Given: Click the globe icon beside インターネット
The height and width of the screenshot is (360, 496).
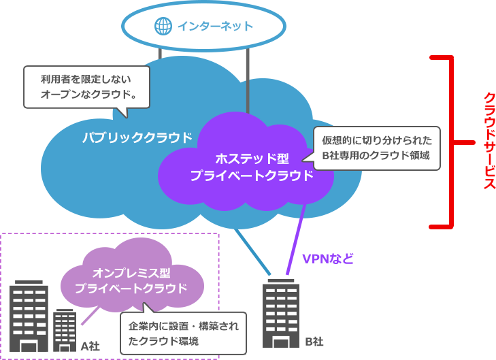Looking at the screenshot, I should click(x=163, y=27).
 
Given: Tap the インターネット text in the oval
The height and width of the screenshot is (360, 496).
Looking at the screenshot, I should click(x=214, y=27).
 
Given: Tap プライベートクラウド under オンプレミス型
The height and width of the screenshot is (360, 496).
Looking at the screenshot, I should click(x=131, y=288).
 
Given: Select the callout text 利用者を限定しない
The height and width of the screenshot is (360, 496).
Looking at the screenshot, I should click(x=85, y=78).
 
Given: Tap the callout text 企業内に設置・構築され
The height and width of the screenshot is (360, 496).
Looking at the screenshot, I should click(x=184, y=325).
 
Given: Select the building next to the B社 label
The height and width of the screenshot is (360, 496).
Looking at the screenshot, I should click(x=280, y=312).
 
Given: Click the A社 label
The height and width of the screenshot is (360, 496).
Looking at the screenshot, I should click(x=90, y=346).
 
